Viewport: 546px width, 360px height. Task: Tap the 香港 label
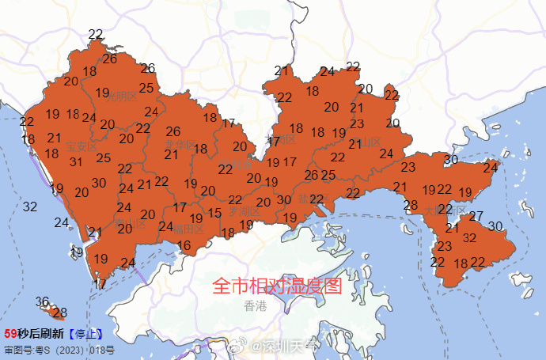(x=256, y=305)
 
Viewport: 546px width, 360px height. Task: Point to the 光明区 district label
(x=121, y=96)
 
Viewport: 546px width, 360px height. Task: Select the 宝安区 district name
(x=81, y=146)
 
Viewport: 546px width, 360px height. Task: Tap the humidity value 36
(x=43, y=301)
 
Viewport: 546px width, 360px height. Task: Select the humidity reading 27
(x=476, y=216)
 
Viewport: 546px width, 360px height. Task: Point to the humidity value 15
(x=214, y=213)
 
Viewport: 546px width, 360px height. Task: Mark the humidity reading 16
(x=184, y=245)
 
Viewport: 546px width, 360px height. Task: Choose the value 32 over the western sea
(x=30, y=207)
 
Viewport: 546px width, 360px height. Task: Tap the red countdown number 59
(x=10, y=334)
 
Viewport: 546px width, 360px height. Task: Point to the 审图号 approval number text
(x=59, y=349)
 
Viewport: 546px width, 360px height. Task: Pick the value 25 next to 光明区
(x=146, y=88)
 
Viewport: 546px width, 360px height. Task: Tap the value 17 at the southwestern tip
(x=100, y=282)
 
